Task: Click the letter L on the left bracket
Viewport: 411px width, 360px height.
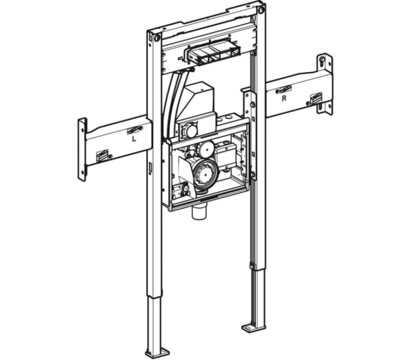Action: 134,139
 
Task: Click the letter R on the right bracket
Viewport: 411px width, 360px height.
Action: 284,99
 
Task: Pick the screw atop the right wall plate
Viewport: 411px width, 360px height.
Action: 323,60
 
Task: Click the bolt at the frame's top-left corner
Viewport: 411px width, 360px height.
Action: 157,38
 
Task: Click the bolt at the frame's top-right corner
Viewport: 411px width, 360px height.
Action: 261,10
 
